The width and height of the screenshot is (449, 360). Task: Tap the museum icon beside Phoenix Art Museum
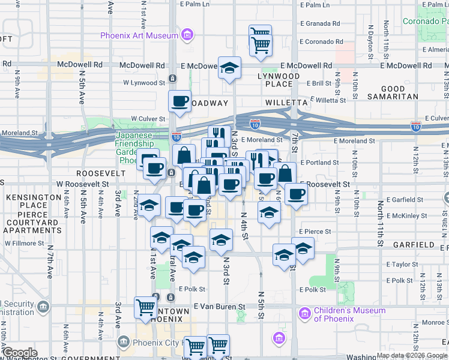tap(187, 35)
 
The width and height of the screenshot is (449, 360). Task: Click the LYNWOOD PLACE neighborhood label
tap(279, 81)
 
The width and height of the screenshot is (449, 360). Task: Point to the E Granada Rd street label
tap(318, 23)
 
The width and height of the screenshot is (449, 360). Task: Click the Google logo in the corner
tap(20, 353)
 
